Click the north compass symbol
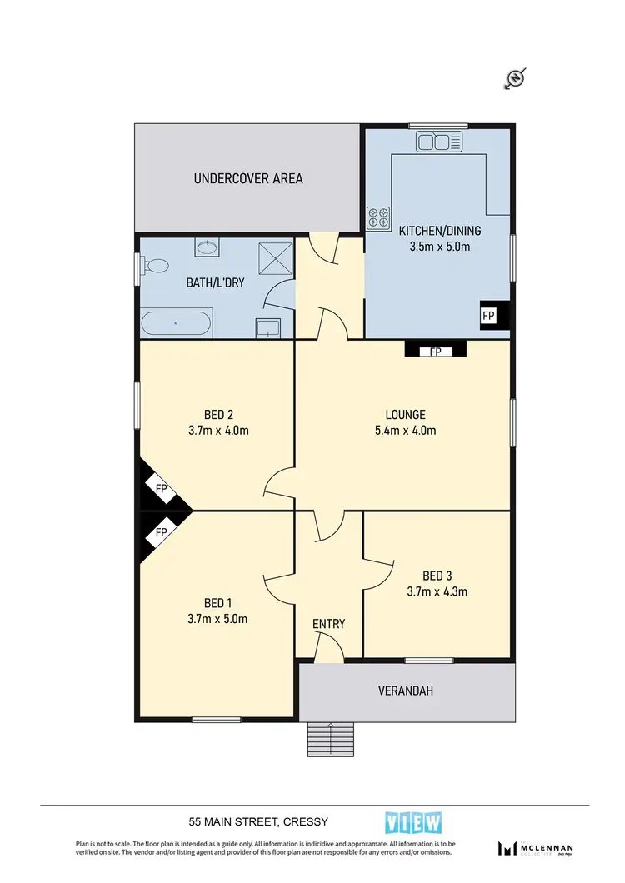click(x=515, y=79)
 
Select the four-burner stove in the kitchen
click(x=378, y=217)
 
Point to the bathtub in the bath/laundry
click(x=177, y=322)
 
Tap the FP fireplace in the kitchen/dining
click(x=488, y=316)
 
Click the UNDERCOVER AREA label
click(x=248, y=178)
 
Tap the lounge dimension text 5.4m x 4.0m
click(x=406, y=431)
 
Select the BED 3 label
click(x=437, y=576)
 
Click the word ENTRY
click(x=328, y=624)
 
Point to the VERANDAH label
click(x=407, y=691)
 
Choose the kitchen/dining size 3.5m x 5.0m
click(x=440, y=247)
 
